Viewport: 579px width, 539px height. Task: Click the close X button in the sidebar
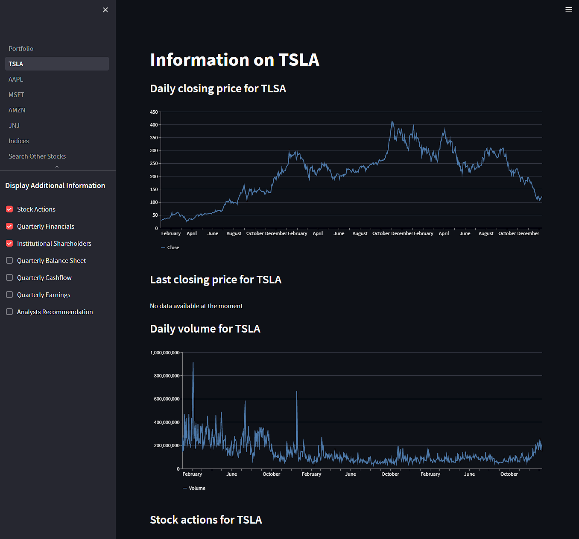105,10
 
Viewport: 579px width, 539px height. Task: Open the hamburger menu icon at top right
568,9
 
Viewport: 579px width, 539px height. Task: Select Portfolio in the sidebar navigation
21,49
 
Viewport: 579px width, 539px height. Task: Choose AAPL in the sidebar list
16,80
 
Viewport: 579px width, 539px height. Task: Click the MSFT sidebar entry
16,95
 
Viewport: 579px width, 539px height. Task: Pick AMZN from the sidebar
17,110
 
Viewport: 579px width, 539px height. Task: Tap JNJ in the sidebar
14,126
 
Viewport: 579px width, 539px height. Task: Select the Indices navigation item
19,141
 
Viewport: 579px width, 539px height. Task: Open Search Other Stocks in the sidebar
37,156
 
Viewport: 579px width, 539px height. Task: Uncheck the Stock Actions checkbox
9,209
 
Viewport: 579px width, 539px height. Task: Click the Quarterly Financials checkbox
9,227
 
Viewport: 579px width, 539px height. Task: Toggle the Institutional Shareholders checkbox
9,244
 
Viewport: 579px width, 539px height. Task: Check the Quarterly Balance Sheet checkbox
9,261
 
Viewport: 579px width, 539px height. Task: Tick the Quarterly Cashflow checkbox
9,278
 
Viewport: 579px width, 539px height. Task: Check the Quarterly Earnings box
9,295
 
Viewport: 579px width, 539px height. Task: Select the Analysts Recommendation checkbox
9,312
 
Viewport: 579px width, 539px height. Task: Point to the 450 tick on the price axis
154,112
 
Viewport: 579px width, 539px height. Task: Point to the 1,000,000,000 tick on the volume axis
165,353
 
